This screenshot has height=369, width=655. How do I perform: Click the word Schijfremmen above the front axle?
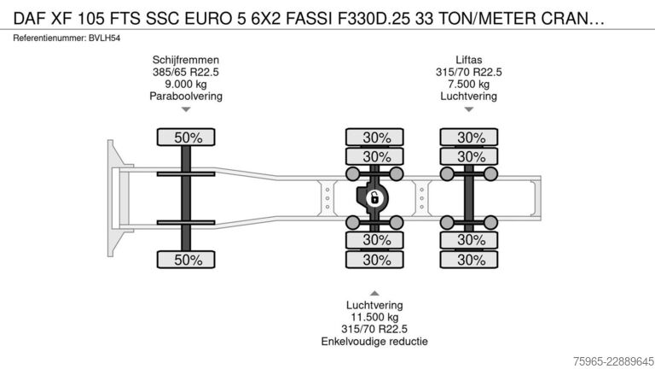click(185, 60)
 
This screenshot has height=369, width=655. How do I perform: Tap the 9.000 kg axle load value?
click(185, 84)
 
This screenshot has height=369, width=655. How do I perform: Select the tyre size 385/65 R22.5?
click(185, 72)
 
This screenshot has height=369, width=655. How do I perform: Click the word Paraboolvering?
click(186, 97)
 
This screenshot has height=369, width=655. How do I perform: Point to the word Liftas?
click(469, 60)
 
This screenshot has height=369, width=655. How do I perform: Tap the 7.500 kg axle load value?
click(469, 84)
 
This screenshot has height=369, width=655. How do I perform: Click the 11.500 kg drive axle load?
click(374, 317)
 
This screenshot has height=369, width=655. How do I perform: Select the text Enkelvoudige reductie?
click(374, 342)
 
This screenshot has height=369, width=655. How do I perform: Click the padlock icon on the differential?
click(374, 198)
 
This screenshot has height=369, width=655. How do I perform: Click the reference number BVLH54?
click(104, 38)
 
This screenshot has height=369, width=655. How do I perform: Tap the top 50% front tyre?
click(186, 138)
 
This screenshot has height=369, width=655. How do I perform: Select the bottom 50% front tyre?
click(186, 260)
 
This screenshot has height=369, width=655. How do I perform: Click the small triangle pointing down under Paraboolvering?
click(186, 109)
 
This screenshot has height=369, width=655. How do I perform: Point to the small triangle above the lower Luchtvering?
click(374, 293)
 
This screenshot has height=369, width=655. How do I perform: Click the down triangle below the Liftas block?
click(469, 109)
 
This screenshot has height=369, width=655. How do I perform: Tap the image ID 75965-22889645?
click(613, 361)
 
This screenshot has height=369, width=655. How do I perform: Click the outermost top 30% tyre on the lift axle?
click(469, 138)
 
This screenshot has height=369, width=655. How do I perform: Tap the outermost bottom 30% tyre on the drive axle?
click(374, 260)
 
